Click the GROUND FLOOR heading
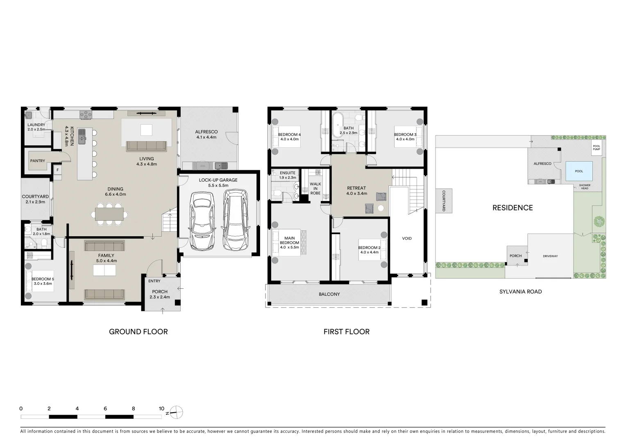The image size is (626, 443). point(138,331)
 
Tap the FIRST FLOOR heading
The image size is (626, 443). point(346,331)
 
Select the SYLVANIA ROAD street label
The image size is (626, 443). point(520,292)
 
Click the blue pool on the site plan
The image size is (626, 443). point(578,171)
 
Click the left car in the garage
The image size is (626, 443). point(202,220)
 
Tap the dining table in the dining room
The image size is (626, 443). point(109,214)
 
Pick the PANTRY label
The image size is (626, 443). point(37,161)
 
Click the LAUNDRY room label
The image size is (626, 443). point(36,125)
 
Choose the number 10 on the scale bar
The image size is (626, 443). point(161,409)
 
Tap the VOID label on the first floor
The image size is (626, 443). point(406,238)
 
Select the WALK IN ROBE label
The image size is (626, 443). point(315,188)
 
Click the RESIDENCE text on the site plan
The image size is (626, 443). point(512,208)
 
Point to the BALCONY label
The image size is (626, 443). point(329,294)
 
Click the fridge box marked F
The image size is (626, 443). point(58,170)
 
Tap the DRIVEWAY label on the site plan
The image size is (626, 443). point(550,256)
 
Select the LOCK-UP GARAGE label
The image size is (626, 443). point(218,180)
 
